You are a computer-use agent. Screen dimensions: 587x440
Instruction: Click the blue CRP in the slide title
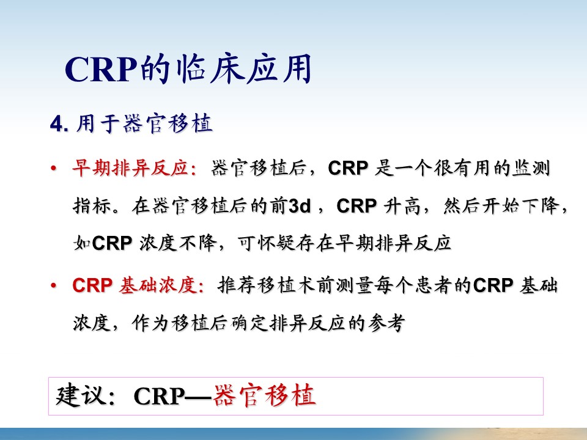[x=100, y=70]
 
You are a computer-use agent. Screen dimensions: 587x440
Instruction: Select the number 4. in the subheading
[x=59, y=123]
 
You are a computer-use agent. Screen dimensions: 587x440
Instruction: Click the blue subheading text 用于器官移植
[x=144, y=123]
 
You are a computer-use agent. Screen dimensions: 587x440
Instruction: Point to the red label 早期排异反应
[x=130, y=167]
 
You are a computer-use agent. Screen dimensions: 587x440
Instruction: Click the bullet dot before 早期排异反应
[x=54, y=168]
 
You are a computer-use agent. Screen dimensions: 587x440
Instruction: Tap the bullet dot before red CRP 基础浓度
[x=54, y=286]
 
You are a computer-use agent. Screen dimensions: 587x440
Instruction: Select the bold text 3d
[x=300, y=206]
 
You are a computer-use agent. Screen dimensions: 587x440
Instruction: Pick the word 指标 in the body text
[x=92, y=205]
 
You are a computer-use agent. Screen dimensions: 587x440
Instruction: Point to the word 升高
[x=402, y=206]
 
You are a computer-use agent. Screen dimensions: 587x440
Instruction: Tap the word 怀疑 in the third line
[x=276, y=243]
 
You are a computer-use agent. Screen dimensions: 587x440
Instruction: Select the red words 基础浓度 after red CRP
[x=158, y=285]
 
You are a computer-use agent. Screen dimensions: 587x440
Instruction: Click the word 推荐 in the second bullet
[x=237, y=285]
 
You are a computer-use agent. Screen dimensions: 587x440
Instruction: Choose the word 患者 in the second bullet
[x=434, y=285]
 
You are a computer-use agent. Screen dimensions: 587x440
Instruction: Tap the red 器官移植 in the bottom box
[x=264, y=396]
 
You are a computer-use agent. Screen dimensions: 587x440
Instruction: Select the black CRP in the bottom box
[x=159, y=396]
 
